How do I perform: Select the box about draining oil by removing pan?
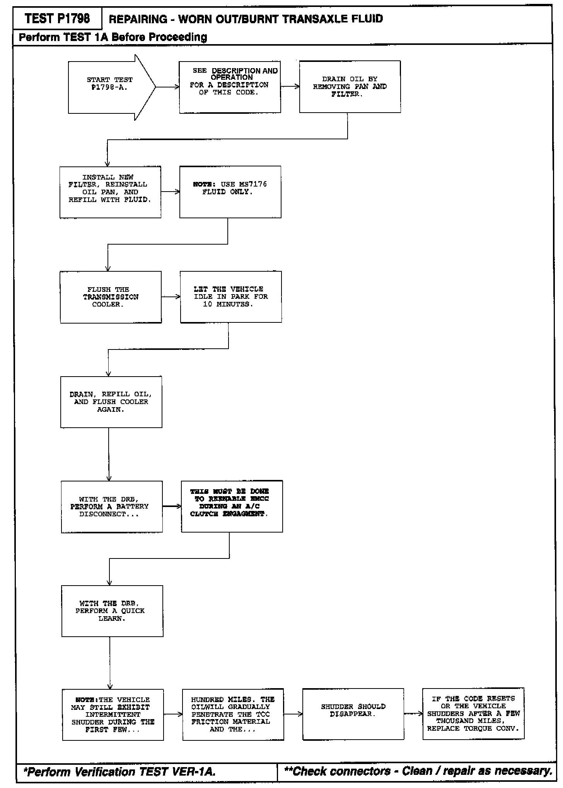350,87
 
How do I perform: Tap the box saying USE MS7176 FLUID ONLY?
230,192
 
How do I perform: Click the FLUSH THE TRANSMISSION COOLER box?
111,297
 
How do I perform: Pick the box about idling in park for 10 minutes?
231,297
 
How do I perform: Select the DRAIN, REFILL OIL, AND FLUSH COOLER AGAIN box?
111,402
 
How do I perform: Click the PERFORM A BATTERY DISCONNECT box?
111,507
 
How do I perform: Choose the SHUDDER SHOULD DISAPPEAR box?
353,714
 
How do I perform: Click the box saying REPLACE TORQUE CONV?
473,714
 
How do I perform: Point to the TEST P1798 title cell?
57,19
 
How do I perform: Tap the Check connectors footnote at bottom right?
418,771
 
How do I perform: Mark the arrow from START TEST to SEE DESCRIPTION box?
167,87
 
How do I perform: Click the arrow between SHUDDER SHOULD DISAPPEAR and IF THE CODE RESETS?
413,714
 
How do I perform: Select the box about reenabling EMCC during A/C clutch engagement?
232,506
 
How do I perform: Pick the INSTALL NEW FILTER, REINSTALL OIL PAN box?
110,192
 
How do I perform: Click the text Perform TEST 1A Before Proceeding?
113,37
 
